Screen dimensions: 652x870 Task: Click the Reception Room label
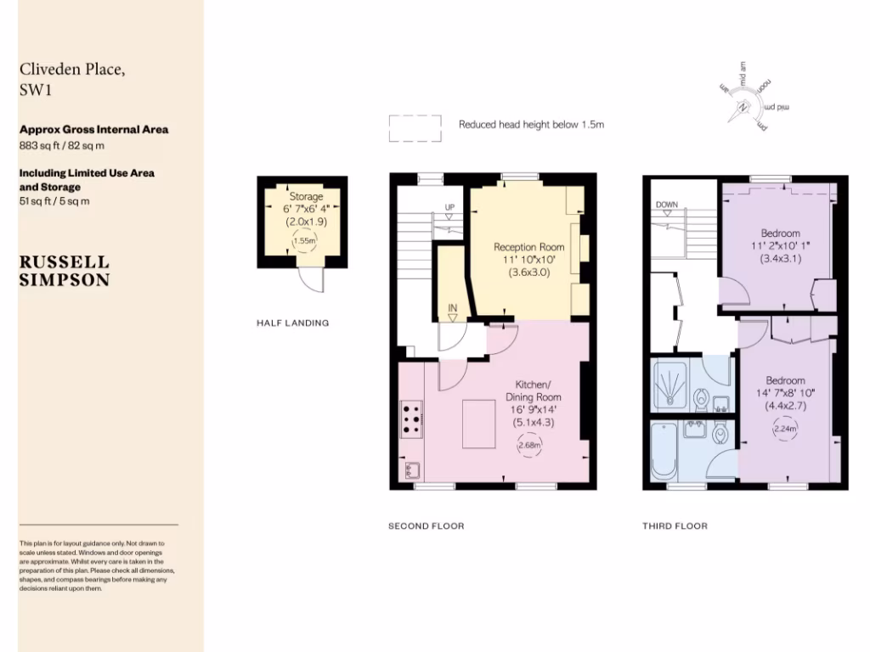[529, 247]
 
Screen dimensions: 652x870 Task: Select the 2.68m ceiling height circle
[529, 445]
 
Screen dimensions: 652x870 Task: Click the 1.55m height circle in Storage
[304, 240]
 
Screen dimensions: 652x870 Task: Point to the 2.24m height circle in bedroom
[784, 429]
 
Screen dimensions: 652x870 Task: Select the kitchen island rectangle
[485, 424]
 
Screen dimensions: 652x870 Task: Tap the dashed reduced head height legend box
[415, 128]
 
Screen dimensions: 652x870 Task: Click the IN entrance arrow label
[452, 309]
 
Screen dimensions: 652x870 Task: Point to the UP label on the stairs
[450, 207]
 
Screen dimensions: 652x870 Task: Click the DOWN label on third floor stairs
[666, 205]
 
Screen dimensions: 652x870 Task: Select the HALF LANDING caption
[292, 323]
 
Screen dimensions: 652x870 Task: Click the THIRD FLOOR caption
[675, 526]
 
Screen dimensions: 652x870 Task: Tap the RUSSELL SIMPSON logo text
[65, 270]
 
